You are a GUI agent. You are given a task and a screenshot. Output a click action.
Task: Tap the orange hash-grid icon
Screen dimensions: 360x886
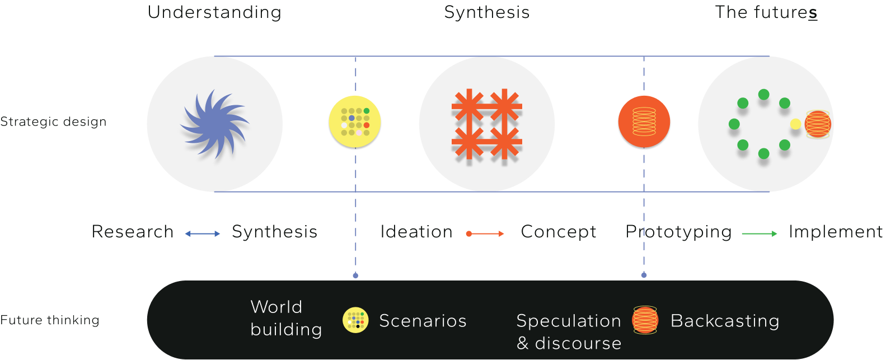coord(487,124)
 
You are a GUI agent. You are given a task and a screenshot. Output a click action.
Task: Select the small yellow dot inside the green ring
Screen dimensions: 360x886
coord(795,124)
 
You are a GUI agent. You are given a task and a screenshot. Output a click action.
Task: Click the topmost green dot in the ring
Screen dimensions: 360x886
coord(763,95)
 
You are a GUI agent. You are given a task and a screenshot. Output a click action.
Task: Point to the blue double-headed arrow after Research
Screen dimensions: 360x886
coord(203,233)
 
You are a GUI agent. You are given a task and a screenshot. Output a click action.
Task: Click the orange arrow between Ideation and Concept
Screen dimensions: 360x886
coord(485,233)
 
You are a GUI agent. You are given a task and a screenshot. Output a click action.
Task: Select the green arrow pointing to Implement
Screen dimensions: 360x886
coord(760,233)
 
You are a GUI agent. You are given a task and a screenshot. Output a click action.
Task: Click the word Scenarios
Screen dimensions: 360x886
coord(423,321)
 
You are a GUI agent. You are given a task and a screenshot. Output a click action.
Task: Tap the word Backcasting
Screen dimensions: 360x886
coord(725,321)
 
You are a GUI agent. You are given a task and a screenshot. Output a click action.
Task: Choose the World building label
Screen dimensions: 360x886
coord(286,318)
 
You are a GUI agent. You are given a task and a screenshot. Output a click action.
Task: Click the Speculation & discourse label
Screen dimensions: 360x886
coord(569,331)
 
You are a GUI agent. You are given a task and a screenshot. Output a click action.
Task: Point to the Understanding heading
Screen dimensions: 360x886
coord(214,12)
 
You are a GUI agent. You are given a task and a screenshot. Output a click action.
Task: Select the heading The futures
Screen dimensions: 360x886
coord(766,12)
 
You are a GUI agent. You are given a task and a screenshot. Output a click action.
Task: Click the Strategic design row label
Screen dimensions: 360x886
coord(53,121)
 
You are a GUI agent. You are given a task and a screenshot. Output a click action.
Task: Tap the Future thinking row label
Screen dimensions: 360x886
coord(50,320)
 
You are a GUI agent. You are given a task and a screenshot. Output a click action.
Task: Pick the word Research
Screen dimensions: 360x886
coord(133,232)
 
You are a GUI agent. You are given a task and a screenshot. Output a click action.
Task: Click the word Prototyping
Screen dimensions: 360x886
coord(678,232)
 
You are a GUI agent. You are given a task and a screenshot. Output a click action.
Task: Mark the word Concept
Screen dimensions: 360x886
coord(559,232)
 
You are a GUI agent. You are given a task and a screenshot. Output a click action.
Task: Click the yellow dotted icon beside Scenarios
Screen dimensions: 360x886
coord(355,320)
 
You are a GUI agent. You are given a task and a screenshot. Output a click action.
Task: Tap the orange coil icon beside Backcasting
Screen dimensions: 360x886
coord(645,320)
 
